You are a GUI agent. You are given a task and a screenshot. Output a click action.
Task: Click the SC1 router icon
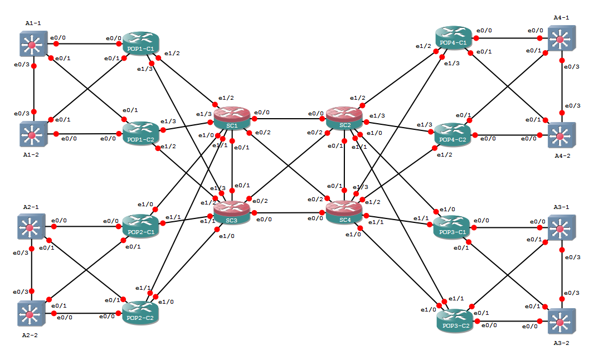click(x=232, y=118)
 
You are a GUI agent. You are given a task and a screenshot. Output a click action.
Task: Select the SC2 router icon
click(x=345, y=118)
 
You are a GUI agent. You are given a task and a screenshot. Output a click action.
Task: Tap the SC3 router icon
click(x=232, y=212)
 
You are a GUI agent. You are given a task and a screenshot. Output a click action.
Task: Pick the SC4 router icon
click(x=345, y=212)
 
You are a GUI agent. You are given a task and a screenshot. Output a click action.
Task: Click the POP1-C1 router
click(x=141, y=43)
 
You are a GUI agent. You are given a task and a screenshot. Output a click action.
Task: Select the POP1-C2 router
click(x=141, y=134)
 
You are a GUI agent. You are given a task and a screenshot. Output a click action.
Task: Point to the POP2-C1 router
click(x=141, y=226)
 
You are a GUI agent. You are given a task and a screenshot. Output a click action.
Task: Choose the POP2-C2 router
click(x=141, y=313)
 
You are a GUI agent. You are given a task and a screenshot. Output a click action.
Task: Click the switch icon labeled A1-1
click(x=32, y=45)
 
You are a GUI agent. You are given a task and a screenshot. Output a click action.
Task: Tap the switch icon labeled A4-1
click(x=561, y=38)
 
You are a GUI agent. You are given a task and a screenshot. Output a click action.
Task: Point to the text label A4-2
click(x=561, y=156)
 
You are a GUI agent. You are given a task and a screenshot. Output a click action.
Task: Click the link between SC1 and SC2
click(x=288, y=118)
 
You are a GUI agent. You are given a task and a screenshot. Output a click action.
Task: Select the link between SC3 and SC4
click(x=288, y=212)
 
